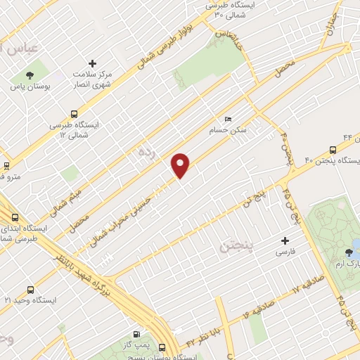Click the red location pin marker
pyautogui.click(x=181, y=165)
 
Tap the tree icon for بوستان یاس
pyautogui.click(x=30, y=75)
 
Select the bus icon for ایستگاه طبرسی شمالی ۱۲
pyautogui.click(x=74, y=113)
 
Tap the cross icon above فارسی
pyautogui.click(x=285, y=240)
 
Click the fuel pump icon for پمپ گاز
pyautogui.click(x=136, y=334)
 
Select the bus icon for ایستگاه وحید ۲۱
pyautogui.click(x=30, y=289)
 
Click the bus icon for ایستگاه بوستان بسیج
pyautogui.click(x=162, y=347)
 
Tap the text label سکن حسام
pyautogui.click(x=226, y=130)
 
